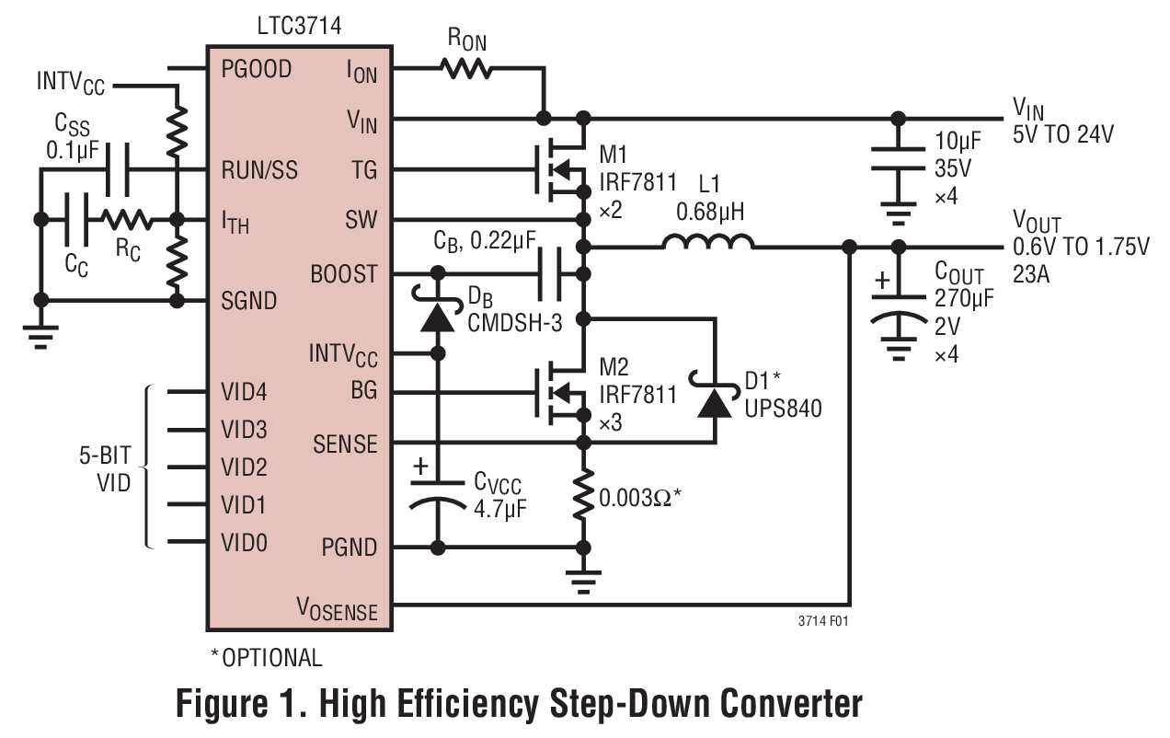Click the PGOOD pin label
click(257, 69)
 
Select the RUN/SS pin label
click(260, 170)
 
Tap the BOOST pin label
click(344, 273)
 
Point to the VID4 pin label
click(245, 391)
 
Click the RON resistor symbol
click(465, 69)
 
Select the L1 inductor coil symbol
click(708, 243)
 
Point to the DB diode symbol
click(438, 315)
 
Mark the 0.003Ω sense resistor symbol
click(582, 497)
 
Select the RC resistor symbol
click(127, 220)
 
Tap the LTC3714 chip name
click(300, 27)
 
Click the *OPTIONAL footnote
click(267, 658)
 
